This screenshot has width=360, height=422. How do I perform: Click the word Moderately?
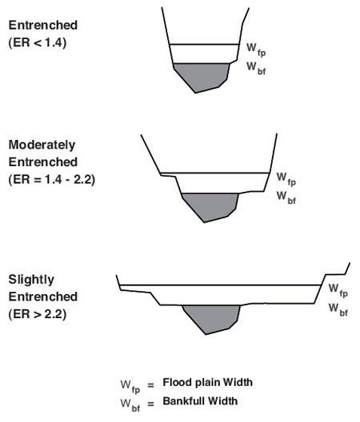[x=42, y=145]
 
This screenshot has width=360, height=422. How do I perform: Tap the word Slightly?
[x=31, y=280]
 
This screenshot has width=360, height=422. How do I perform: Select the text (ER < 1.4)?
[x=38, y=43]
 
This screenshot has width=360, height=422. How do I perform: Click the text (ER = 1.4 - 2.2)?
[x=52, y=180]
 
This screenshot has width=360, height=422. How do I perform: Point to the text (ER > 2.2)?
[x=38, y=314]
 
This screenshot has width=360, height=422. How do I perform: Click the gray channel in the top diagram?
[x=201, y=77]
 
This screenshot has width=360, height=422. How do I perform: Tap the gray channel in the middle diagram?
[x=210, y=206]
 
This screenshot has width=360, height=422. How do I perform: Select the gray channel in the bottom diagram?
[x=211, y=319]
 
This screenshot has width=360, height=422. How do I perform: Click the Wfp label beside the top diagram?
[x=256, y=50]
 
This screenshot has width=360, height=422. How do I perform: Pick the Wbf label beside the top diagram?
[x=256, y=68]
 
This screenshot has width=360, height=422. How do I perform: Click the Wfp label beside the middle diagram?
[x=286, y=179]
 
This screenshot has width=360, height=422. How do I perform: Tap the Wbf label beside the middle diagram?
[x=286, y=197]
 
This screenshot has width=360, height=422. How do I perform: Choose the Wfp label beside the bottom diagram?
[x=338, y=290]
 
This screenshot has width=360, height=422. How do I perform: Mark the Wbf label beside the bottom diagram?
[x=338, y=309]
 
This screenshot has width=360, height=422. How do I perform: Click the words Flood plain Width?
[x=207, y=382]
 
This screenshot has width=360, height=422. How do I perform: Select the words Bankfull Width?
[x=200, y=401]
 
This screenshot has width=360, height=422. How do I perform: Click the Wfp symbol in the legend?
[x=130, y=387]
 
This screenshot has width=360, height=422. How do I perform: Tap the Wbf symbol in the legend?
[x=130, y=405]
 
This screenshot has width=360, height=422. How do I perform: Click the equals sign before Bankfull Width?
[x=151, y=404]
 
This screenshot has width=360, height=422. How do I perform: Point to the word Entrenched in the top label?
[x=43, y=26]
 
